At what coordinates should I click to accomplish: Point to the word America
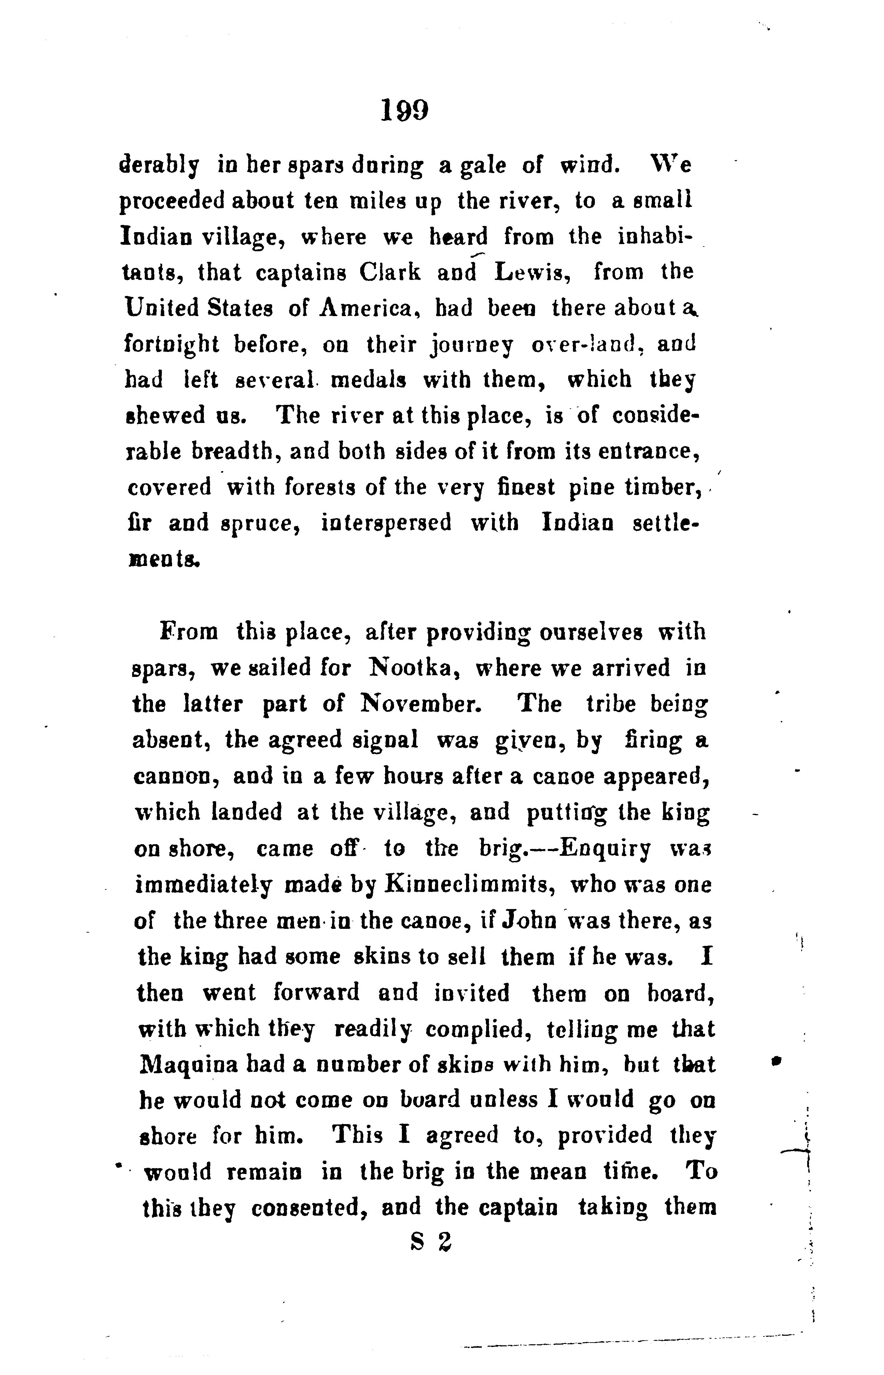363,308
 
